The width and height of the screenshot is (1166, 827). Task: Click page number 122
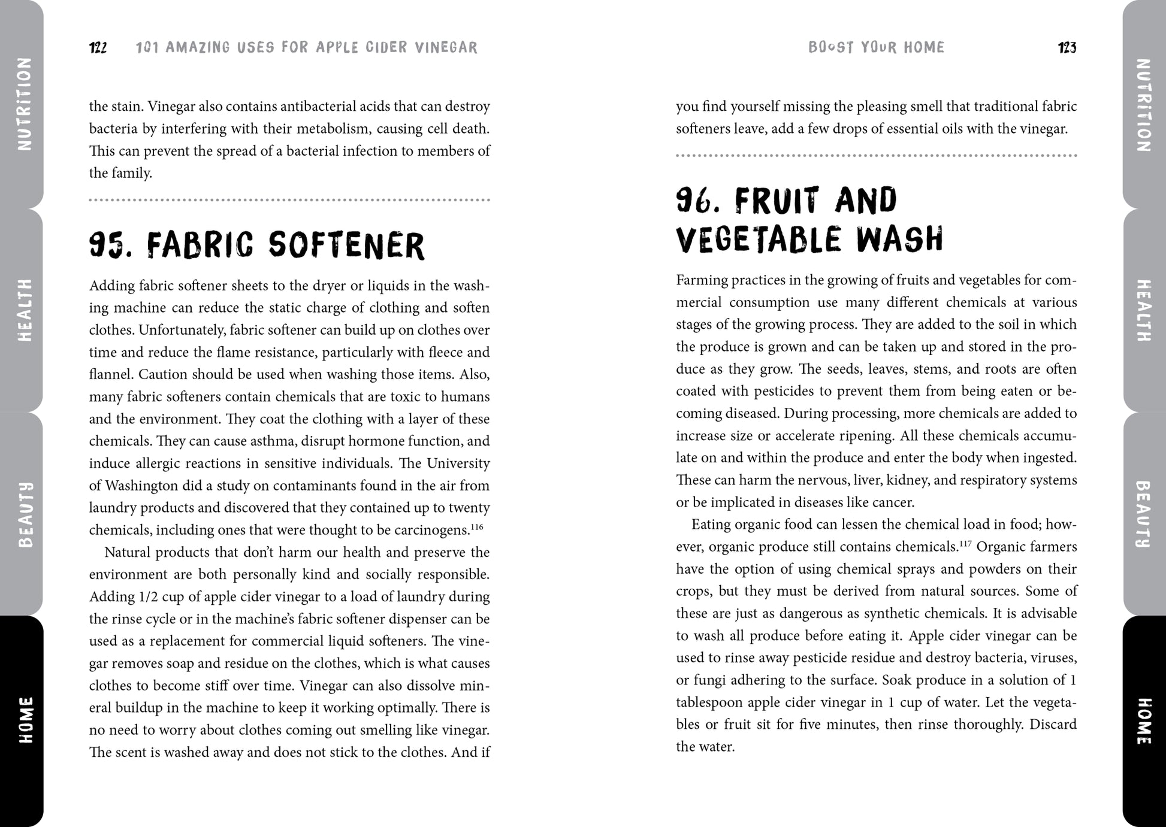[98, 48]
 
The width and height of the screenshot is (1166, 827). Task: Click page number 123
[1067, 48]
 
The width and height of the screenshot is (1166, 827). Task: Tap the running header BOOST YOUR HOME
[876, 48]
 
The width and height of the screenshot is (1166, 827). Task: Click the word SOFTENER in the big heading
[346, 246]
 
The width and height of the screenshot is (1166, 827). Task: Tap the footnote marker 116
[476, 527]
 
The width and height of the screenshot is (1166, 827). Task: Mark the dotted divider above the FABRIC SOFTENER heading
[289, 200]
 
